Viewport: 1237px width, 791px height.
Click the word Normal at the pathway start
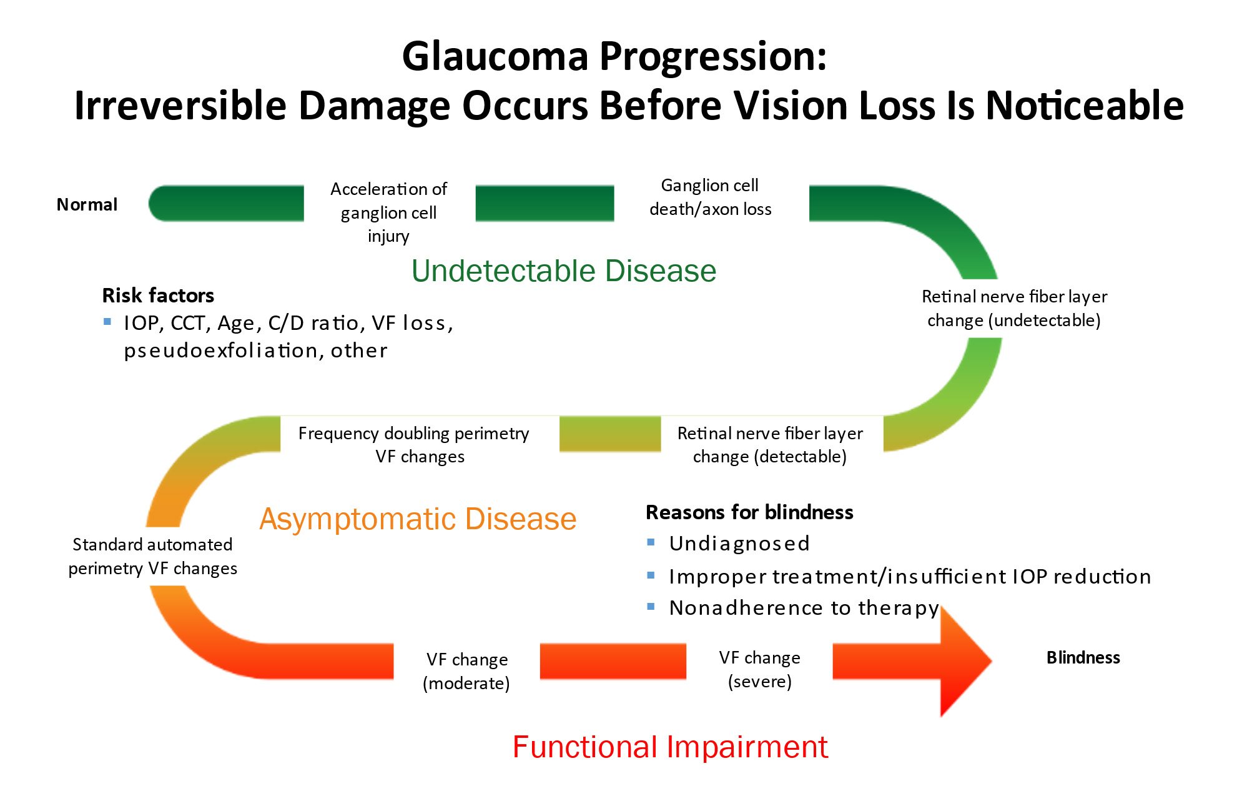pyautogui.click(x=87, y=204)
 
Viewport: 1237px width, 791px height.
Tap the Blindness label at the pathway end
pyautogui.click(x=1083, y=657)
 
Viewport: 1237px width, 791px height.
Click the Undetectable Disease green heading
pyautogui.click(x=563, y=271)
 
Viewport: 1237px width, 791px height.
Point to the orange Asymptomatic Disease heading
pyautogui.click(x=418, y=519)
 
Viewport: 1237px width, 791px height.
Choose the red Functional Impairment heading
pyautogui.click(x=670, y=747)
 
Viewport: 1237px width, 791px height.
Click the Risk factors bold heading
pyautogui.click(x=158, y=295)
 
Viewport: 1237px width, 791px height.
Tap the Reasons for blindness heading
pyautogui.click(x=749, y=512)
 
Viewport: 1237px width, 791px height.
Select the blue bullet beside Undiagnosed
pyautogui.click(x=651, y=542)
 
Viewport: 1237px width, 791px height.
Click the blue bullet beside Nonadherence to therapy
pyautogui.click(x=651, y=606)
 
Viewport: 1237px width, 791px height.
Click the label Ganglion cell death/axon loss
pyautogui.click(x=710, y=197)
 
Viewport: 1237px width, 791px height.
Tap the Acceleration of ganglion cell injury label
pyautogui.click(x=388, y=212)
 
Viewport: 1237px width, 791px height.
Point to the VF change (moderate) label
pyautogui.click(x=466, y=671)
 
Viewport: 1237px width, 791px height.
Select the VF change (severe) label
pyautogui.click(x=759, y=669)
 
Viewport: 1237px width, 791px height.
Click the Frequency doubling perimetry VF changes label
pyautogui.click(x=413, y=444)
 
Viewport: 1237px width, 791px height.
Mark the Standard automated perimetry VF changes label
pyautogui.click(x=152, y=556)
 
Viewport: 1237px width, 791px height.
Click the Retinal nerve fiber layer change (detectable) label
pyautogui.click(x=770, y=444)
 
